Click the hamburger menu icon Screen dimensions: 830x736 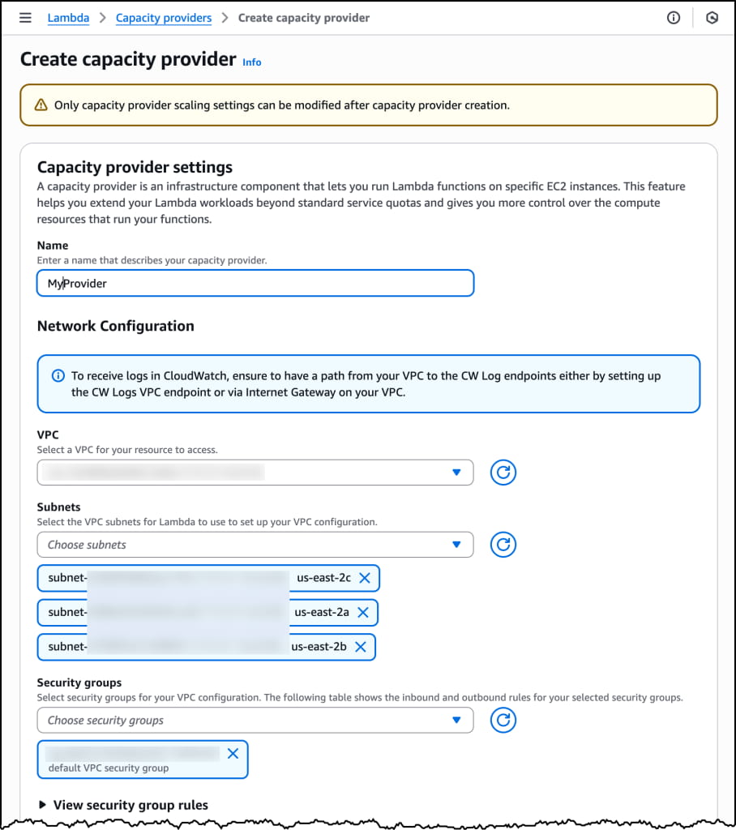(x=25, y=18)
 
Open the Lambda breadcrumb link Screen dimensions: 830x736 (x=68, y=18)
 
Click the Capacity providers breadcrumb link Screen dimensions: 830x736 (x=164, y=18)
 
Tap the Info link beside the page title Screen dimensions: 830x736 (x=252, y=62)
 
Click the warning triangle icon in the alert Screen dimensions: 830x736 (x=41, y=105)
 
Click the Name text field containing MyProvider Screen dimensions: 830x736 (x=255, y=284)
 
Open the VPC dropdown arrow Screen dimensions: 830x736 (x=456, y=473)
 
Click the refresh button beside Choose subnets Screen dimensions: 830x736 (x=503, y=545)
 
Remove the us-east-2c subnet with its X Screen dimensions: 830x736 (x=365, y=578)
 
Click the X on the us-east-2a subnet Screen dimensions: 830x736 (x=363, y=612)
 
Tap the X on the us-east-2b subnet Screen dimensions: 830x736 (x=361, y=647)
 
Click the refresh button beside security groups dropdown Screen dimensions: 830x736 (x=503, y=720)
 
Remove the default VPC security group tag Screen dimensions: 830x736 (x=233, y=754)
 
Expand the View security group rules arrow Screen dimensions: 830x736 (x=42, y=805)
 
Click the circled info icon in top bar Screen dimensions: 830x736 (x=674, y=18)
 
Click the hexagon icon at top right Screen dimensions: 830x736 (x=712, y=18)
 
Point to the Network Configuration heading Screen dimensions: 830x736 (x=116, y=326)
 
